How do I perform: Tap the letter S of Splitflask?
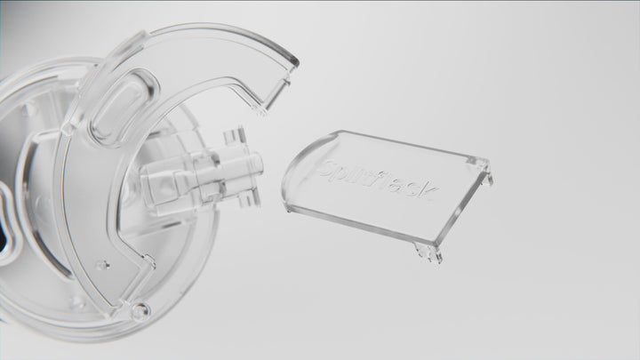click(332, 164)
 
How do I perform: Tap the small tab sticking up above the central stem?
click(235, 136)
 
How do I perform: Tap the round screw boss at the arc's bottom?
click(140, 311)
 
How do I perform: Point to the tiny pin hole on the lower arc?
click(103, 265)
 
